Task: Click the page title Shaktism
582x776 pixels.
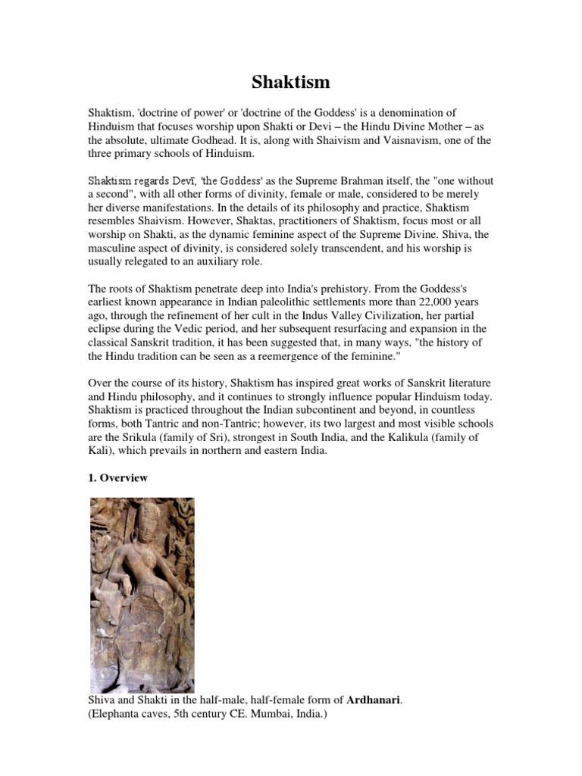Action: (291, 82)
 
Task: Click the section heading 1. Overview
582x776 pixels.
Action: (119, 479)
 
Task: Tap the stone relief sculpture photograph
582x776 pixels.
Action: (142, 595)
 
